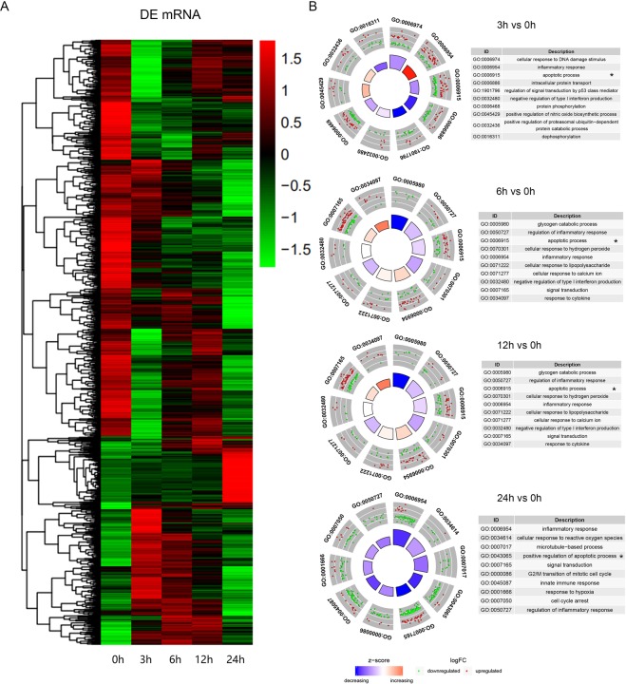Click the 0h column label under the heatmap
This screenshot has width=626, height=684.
click(x=121, y=658)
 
